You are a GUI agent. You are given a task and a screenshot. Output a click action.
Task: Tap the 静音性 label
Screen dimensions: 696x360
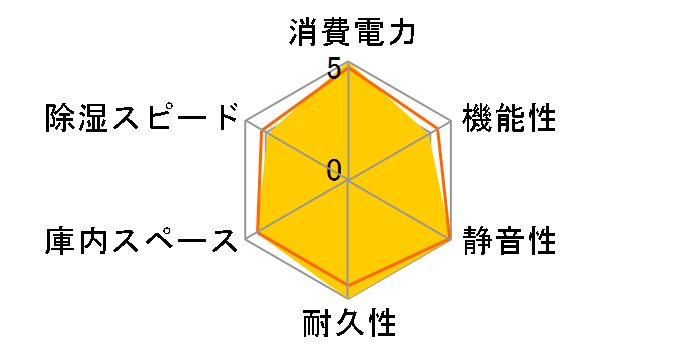pyautogui.click(x=509, y=240)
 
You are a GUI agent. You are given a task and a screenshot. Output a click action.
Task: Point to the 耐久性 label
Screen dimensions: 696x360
pyautogui.click(x=349, y=325)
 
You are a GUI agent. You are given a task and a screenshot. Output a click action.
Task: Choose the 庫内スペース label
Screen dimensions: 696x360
pyautogui.click(x=140, y=240)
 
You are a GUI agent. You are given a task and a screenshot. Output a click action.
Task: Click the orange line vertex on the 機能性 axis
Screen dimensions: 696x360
pyautogui.click(x=438, y=129)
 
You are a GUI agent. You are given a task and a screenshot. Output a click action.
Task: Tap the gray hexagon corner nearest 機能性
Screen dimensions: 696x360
pyautogui.click(x=452, y=121)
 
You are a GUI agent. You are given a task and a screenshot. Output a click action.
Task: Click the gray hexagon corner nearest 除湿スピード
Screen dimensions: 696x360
pyautogui.click(x=245, y=121)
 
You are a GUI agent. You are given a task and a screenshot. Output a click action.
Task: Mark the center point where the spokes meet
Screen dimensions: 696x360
pyautogui.click(x=348, y=181)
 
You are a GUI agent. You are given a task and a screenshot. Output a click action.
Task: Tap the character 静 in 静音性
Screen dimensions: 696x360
pyautogui.click(x=477, y=240)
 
